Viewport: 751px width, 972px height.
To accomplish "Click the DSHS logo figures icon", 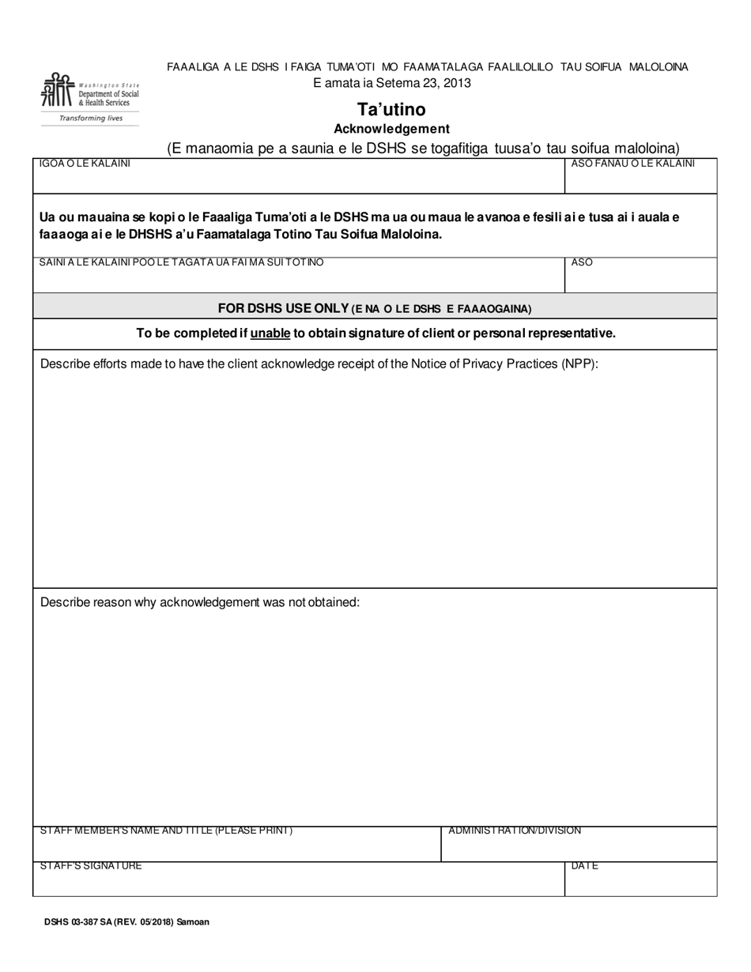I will click(x=56, y=90).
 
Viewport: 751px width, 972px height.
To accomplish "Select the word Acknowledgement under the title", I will click(x=391, y=129).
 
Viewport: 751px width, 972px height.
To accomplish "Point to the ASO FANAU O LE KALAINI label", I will click(x=632, y=164).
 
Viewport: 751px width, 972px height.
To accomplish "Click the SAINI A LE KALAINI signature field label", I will click(x=181, y=262).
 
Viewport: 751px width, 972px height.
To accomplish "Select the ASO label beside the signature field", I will click(x=582, y=262).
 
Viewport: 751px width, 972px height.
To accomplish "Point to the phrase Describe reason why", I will click(x=98, y=602).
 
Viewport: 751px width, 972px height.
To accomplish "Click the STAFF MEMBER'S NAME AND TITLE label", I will click(x=166, y=831).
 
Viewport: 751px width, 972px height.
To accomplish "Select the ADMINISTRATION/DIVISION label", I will click(x=515, y=831).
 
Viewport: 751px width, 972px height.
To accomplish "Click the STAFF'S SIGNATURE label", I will click(x=91, y=866).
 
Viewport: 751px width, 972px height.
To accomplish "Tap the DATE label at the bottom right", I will click(x=584, y=866).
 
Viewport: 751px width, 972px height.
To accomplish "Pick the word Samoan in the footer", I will click(x=194, y=921).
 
